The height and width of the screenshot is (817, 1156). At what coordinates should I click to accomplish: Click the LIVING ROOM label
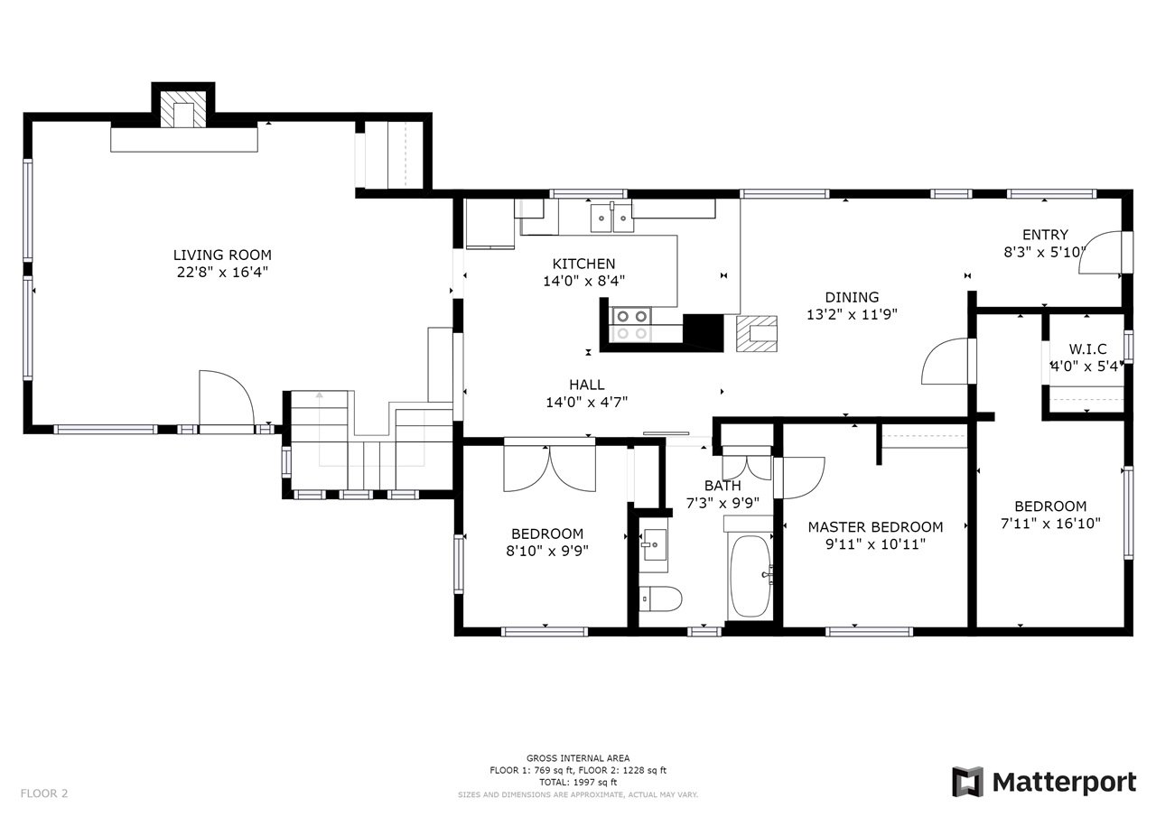click(222, 255)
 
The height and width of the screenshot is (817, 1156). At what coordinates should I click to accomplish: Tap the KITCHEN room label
click(583, 264)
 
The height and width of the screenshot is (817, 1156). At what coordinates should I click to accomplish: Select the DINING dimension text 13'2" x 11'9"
click(852, 314)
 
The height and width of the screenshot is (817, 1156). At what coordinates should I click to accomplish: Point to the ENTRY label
click(1045, 235)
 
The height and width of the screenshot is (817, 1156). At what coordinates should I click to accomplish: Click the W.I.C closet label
click(1087, 348)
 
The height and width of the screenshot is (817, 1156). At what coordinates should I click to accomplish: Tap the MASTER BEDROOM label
click(875, 527)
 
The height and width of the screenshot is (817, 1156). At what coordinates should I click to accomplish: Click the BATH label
click(722, 486)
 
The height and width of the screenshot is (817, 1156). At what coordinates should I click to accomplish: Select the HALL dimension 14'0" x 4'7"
click(587, 402)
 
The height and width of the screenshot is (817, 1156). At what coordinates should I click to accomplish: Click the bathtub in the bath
click(750, 576)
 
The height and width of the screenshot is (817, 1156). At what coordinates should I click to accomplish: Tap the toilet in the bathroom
click(660, 599)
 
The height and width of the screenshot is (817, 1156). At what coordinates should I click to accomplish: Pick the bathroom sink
click(653, 544)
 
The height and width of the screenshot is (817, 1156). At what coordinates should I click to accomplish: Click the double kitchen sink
click(612, 218)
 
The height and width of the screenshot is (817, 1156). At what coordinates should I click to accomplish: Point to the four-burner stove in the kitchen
click(631, 324)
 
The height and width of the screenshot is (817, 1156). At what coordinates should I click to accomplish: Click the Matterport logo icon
click(966, 782)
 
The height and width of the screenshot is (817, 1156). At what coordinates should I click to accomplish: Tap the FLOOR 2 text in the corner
click(44, 794)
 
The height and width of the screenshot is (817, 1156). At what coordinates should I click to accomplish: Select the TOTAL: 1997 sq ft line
click(578, 782)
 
